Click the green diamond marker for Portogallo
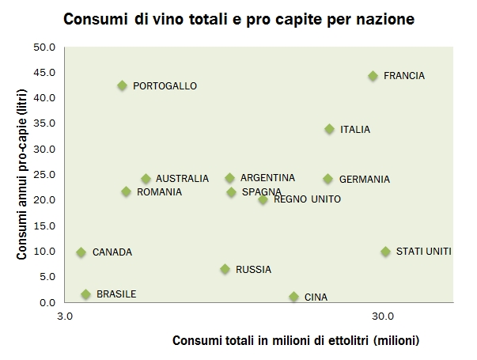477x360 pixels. pyautogui.click(x=122, y=85)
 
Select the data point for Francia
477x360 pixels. pyautogui.click(x=373, y=76)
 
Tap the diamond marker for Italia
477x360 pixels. pyautogui.click(x=330, y=129)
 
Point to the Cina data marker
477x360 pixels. pyautogui.click(x=294, y=297)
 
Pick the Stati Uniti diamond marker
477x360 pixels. pyautogui.click(x=386, y=252)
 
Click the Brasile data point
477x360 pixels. pyautogui.click(x=86, y=294)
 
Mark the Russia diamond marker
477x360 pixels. pyautogui.click(x=225, y=269)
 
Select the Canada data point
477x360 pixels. pyautogui.click(x=81, y=252)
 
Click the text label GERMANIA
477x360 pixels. pyautogui.click(x=364, y=180)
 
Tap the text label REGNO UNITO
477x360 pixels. pyautogui.click(x=307, y=199)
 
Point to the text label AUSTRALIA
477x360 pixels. pyautogui.click(x=182, y=179)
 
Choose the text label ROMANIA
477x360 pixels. pyautogui.click(x=159, y=191)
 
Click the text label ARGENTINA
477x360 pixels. pyautogui.click(x=267, y=178)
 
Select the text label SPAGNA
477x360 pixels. pyautogui.click(x=261, y=191)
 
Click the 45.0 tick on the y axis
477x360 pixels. pyautogui.click(x=44, y=73)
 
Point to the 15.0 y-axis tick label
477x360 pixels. pyautogui.click(x=44, y=226)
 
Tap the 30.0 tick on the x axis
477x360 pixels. pyautogui.click(x=383, y=316)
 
